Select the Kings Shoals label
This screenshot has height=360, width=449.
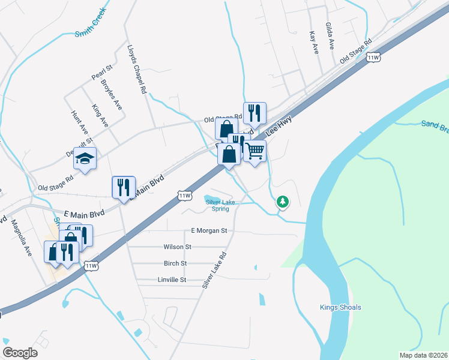point(340,308)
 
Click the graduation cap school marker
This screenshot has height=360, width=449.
point(85,158)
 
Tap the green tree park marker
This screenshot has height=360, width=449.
point(282,202)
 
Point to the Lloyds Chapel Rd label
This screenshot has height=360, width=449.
point(137,69)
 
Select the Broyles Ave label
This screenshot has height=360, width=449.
point(112,95)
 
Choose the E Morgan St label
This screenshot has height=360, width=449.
point(209,230)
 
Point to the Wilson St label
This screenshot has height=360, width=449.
point(177,247)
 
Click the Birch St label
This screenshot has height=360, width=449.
point(175,263)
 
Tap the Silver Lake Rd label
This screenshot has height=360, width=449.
point(213,271)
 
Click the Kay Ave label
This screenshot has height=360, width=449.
point(313,43)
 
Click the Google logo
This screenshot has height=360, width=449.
point(20,353)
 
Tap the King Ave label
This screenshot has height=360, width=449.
point(100,115)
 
